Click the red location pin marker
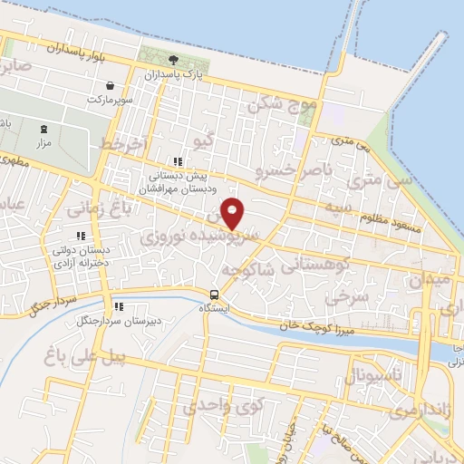[x=233, y=213]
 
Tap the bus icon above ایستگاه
[x=215, y=294]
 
